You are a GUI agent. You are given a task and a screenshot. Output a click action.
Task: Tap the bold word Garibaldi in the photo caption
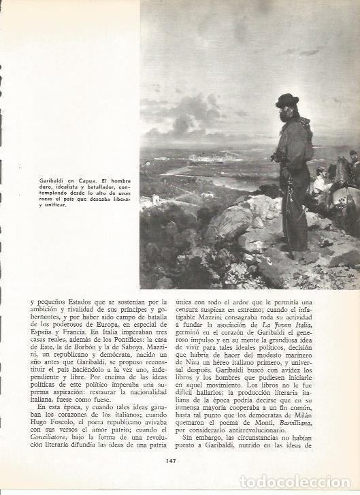(51, 180)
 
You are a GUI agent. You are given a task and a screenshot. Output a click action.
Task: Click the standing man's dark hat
(287, 101)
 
